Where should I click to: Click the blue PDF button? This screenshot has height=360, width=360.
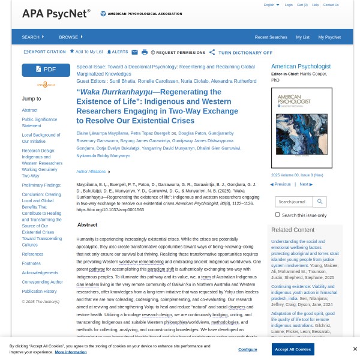click(46, 70)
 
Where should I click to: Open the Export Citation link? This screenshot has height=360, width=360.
click(45, 52)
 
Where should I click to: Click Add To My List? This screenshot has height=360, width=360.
click(86, 52)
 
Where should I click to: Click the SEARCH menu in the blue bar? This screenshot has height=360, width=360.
click(32, 37)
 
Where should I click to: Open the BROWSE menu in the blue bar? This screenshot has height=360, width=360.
click(70, 37)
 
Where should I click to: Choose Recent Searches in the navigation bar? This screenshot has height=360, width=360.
click(271, 37)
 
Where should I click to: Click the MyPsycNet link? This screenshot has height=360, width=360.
click(329, 37)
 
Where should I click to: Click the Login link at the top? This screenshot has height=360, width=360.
click(289, 5)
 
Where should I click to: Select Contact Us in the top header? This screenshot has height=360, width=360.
click(331, 5)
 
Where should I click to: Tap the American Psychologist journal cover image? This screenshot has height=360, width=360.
click(301, 128)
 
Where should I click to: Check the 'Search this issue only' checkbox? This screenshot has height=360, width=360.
click(277, 215)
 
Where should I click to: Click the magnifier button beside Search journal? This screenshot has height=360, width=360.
click(320, 202)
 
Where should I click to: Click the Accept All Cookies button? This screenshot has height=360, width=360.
click(293, 349)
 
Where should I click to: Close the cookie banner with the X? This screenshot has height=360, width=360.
click(355, 349)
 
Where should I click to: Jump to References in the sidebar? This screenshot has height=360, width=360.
click(32, 254)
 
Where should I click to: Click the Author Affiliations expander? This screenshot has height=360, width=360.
click(93, 172)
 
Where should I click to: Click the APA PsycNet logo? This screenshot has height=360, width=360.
click(56, 13)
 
